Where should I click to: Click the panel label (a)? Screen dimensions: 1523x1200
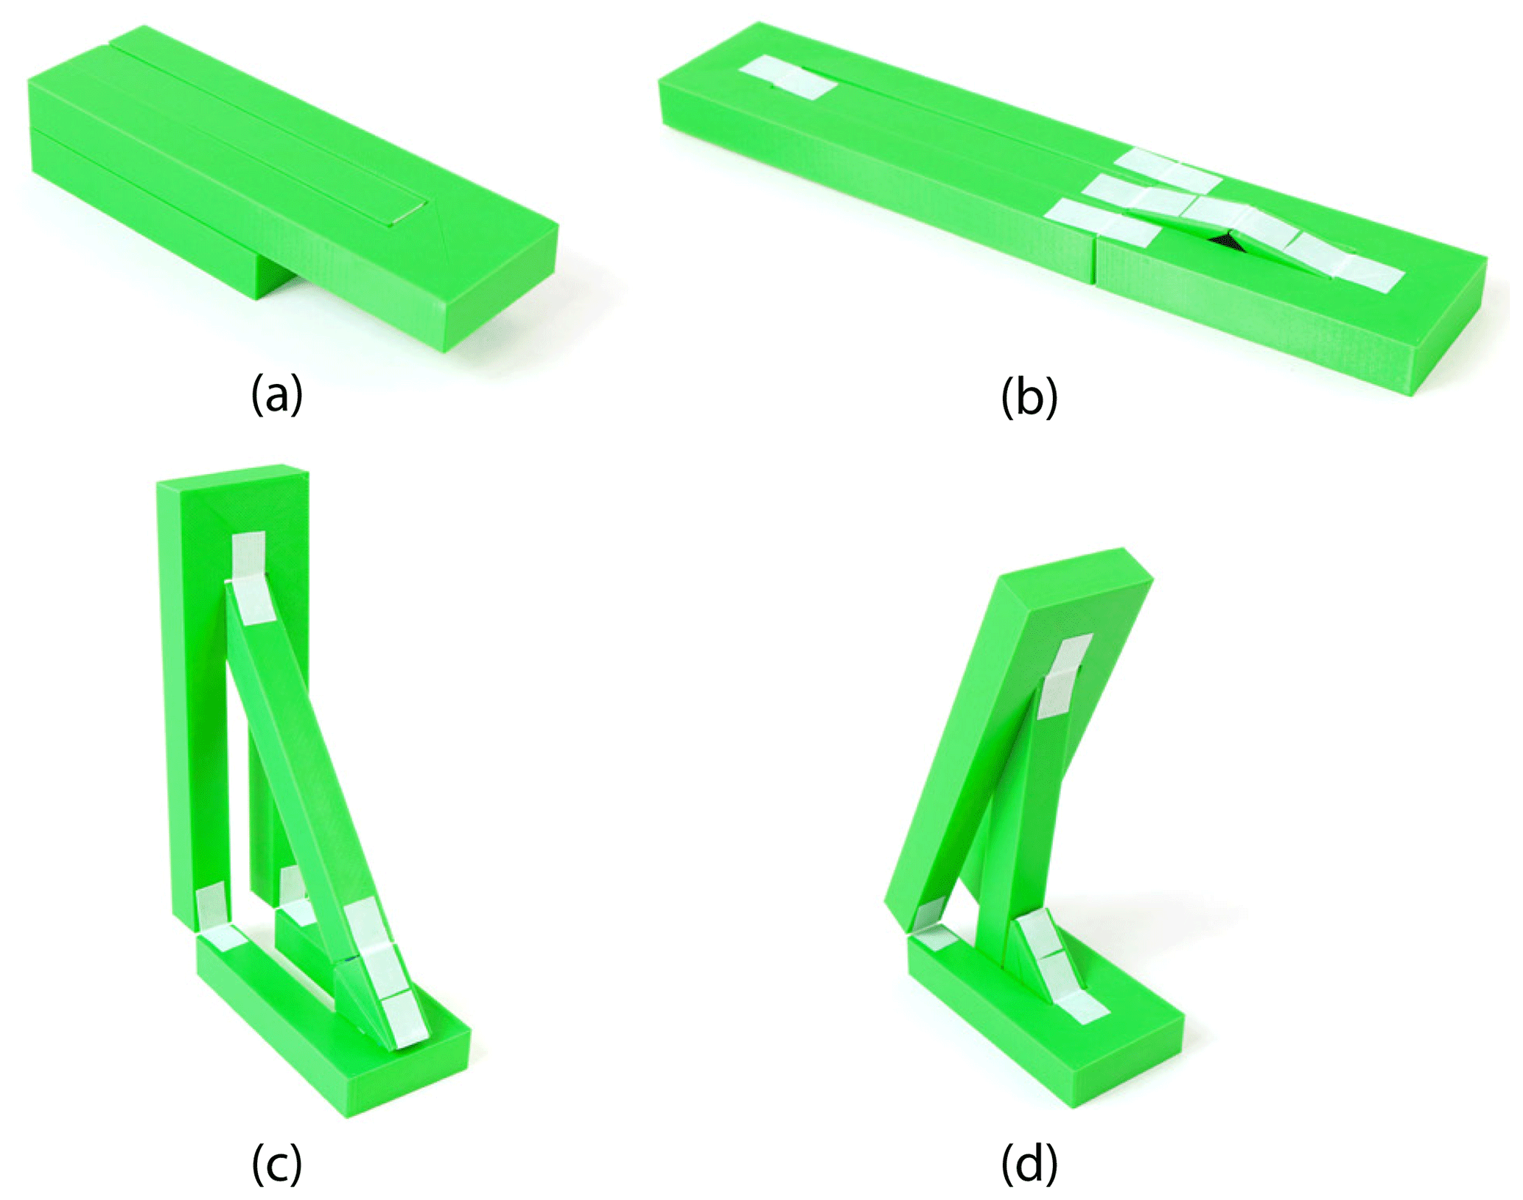[x=277, y=395]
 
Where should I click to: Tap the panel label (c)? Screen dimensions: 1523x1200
[x=277, y=1164]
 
